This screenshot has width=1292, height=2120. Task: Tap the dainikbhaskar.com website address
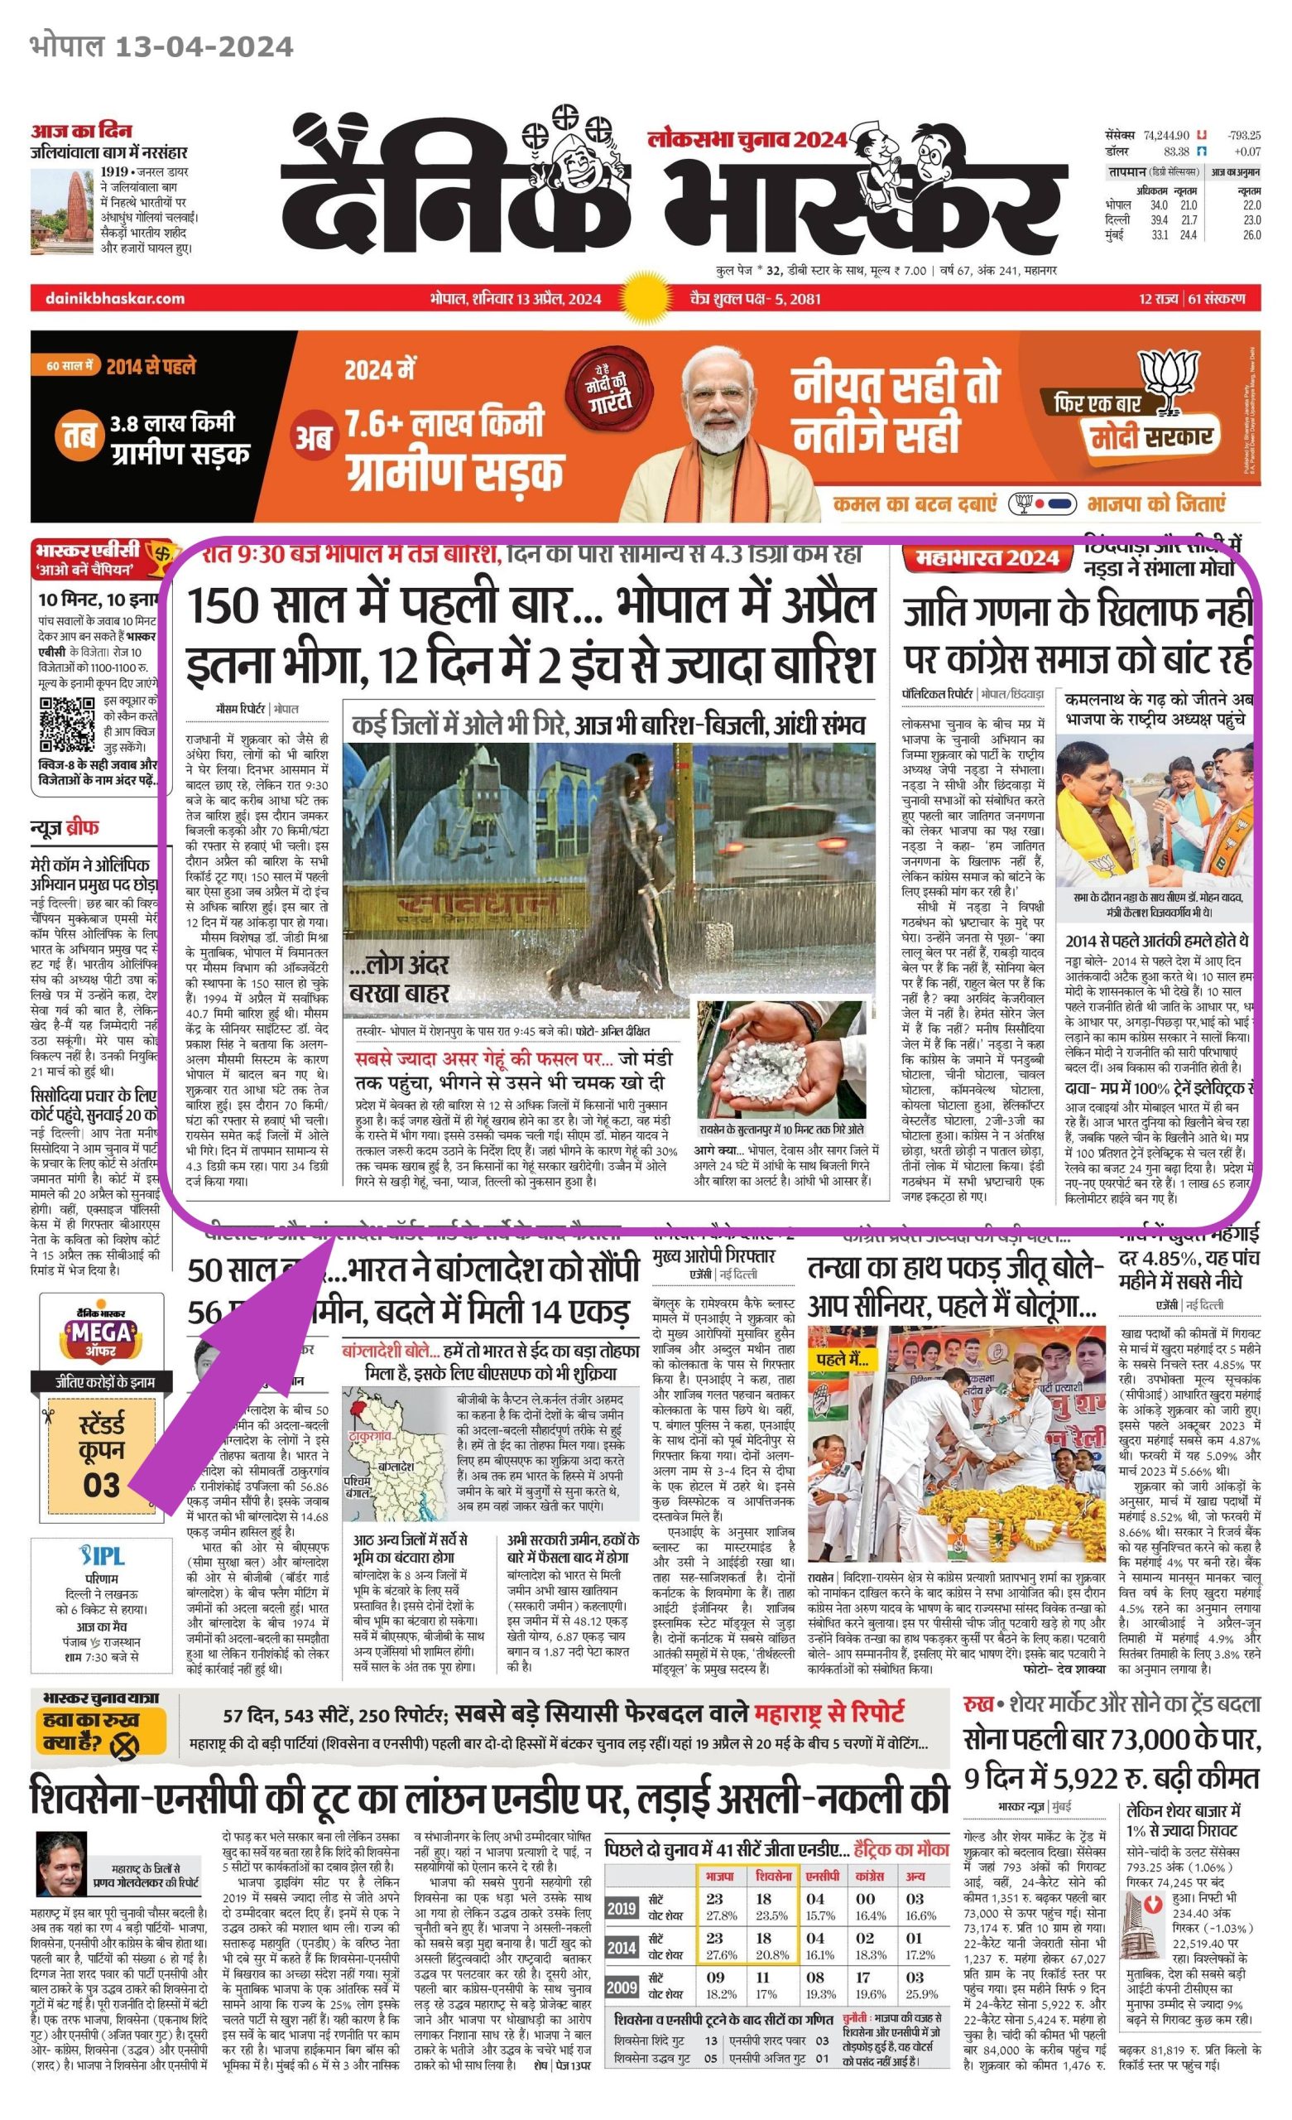[108, 299]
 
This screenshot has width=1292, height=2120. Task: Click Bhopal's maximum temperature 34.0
[1158, 205]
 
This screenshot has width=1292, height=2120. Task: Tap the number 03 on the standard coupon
[102, 1483]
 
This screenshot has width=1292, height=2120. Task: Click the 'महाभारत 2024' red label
[987, 558]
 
